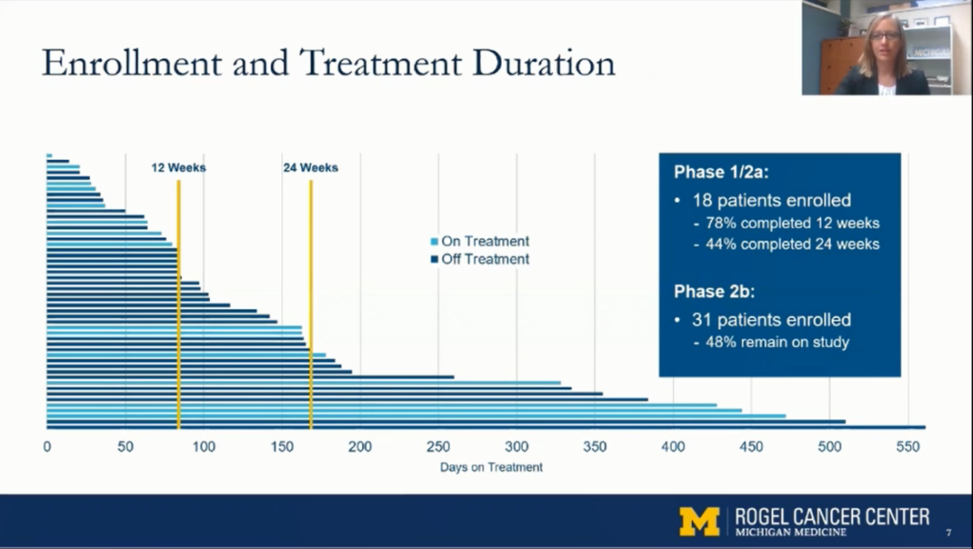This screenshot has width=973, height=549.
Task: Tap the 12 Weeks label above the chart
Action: click(x=178, y=168)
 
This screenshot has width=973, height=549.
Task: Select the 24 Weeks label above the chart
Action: click(x=311, y=168)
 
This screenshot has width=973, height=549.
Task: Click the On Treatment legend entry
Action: click(x=485, y=242)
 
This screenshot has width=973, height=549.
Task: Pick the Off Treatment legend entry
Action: click(x=485, y=260)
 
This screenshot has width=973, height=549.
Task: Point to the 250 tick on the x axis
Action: click(x=438, y=446)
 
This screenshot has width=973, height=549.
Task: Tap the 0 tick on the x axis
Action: click(x=47, y=446)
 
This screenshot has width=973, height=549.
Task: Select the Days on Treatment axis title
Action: click(x=491, y=467)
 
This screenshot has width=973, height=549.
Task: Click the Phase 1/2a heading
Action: click(x=722, y=172)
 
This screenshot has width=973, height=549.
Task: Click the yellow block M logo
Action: click(x=699, y=521)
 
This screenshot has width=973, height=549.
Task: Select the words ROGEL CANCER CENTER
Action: click(x=832, y=517)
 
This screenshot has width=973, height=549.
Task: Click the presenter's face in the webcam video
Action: click(x=883, y=41)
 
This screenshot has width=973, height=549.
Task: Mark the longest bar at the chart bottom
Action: click(x=486, y=427)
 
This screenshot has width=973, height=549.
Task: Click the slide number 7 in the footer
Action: click(x=948, y=533)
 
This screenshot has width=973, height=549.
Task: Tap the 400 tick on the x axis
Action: click(x=673, y=446)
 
